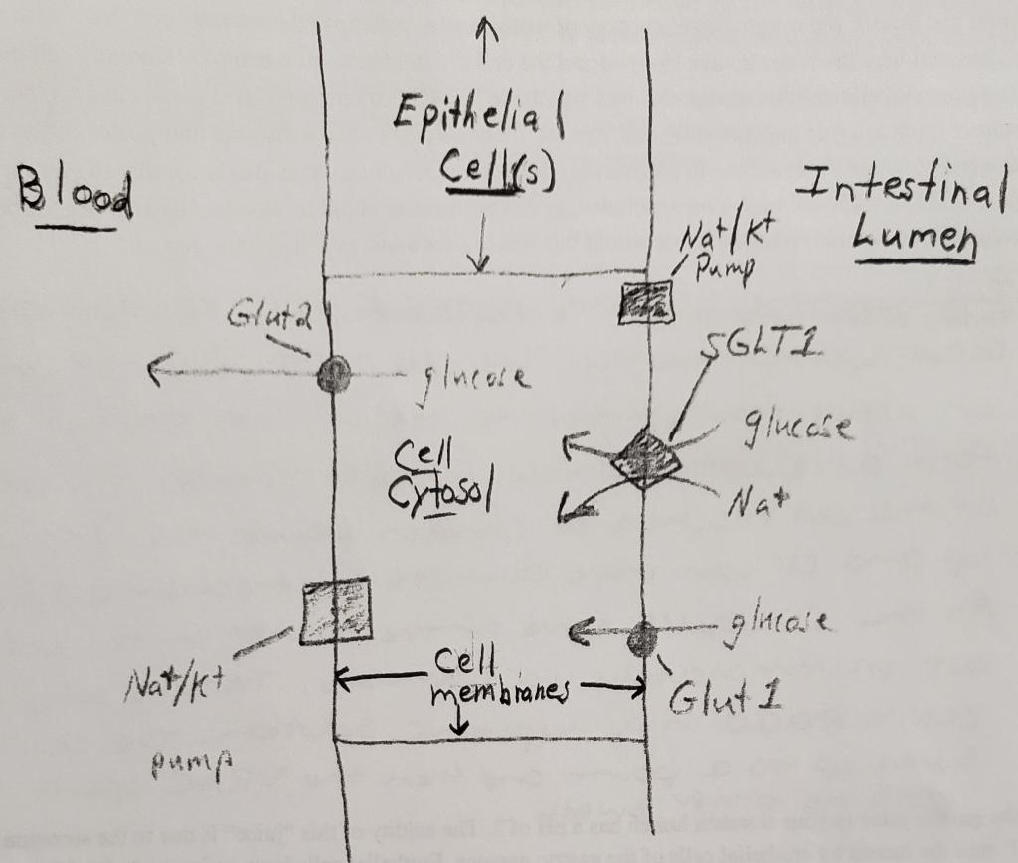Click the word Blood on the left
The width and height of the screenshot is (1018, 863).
pyautogui.click(x=75, y=194)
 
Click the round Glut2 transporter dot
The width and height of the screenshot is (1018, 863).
pyautogui.click(x=334, y=375)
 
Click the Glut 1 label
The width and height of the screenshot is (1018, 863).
pyautogui.click(x=724, y=700)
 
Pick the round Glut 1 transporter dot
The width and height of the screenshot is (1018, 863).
pyautogui.click(x=642, y=638)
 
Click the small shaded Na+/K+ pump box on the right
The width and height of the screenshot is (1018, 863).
pyautogui.click(x=645, y=302)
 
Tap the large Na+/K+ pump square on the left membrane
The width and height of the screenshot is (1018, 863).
pyautogui.click(x=337, y=610)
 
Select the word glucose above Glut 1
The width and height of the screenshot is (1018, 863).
pyautogui.click(x=781, y=623)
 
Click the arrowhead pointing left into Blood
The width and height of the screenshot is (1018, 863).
pyautogui.click(x=155, y=373)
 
